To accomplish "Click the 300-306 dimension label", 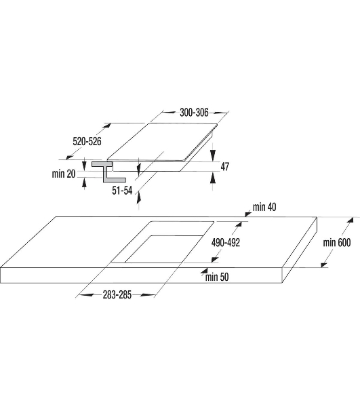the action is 194,113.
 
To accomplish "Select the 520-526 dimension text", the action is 87,142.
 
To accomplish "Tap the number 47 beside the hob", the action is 225,166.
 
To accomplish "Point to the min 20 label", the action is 64,174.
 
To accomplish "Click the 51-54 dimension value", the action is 122,190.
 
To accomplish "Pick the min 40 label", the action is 264,207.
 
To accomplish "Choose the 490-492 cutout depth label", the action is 226,242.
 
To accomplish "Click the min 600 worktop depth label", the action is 337,242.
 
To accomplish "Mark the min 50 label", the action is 217,277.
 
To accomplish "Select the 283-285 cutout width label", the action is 117,295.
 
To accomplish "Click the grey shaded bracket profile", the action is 108,172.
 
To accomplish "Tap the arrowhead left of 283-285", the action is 86,295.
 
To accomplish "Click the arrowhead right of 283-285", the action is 148,295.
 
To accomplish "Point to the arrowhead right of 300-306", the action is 220,113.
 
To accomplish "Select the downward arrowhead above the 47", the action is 213,155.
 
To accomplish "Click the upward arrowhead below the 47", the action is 213,178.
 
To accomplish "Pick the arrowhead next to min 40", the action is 247,214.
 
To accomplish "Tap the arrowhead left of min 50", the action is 204,271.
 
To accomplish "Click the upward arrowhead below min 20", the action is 84,182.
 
